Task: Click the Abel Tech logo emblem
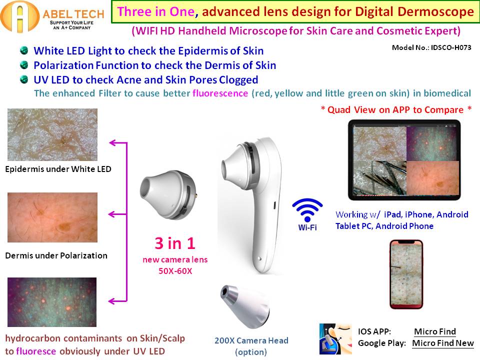pyautogui.click(x=19, y=17)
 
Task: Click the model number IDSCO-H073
pyautogui.click(x=451, y=47)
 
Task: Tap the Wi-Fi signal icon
pyautogui.click(x=307, y=209)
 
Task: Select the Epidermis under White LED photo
pyautogui.click(x=52, y=134)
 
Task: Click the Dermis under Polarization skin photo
pyautogui.click(x=52, y=217)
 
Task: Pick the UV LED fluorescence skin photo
pyautogui.click(x=52, y=302)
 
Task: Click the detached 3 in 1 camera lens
pyautogui.click(x=168, y=194)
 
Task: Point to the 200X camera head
pyautogui.click(x=245, y=306)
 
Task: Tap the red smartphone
pyautogui.click(x=406, y=274)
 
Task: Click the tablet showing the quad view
pyautogui.click(x=404, y=160)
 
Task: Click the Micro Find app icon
pyautogui.click(x=335, y=339)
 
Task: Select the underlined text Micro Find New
pyautogui.click(x=443, y=343)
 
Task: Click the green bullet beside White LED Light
pyautogui.click(x=24, y=50)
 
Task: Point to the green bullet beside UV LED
pyautogui.click(x=24, y=79)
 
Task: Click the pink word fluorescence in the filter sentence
pyautogui.click(x=220, y=93)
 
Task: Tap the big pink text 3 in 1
pyautogui.click(x=175, y=243)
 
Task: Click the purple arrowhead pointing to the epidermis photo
pyautogui.click(x=112, y=142)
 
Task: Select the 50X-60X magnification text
pyautogui.click(x=175, y=271)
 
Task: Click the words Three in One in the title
pyautogui.click(x=156, y=12)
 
